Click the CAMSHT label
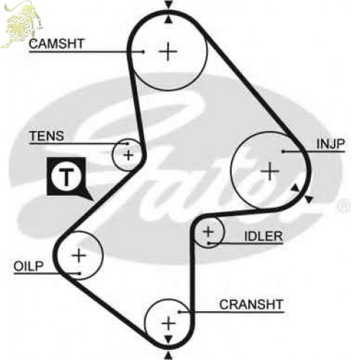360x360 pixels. point(56,44)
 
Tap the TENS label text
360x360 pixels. point(47,136)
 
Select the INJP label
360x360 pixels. point(330,144)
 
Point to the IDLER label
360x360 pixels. point(264,236)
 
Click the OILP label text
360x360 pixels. point(28,266)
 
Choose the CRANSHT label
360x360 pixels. point(251,305)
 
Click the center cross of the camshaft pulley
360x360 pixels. point(168,51)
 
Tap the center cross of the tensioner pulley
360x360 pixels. point(128,155)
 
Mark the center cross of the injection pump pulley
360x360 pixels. point(270,171)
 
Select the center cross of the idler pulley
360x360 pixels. point(208,232)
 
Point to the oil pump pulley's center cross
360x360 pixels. point(78,255)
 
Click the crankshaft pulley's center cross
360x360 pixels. point(168,323)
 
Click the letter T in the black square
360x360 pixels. point(66,177)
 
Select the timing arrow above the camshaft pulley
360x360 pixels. point(168,5)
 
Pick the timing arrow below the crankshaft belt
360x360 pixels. point(168,355)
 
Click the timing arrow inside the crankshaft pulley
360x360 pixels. point(168,339)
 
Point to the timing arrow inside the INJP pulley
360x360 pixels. point(295,188)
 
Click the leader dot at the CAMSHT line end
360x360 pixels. point(143,51)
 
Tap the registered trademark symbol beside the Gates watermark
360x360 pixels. point(343,206)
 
